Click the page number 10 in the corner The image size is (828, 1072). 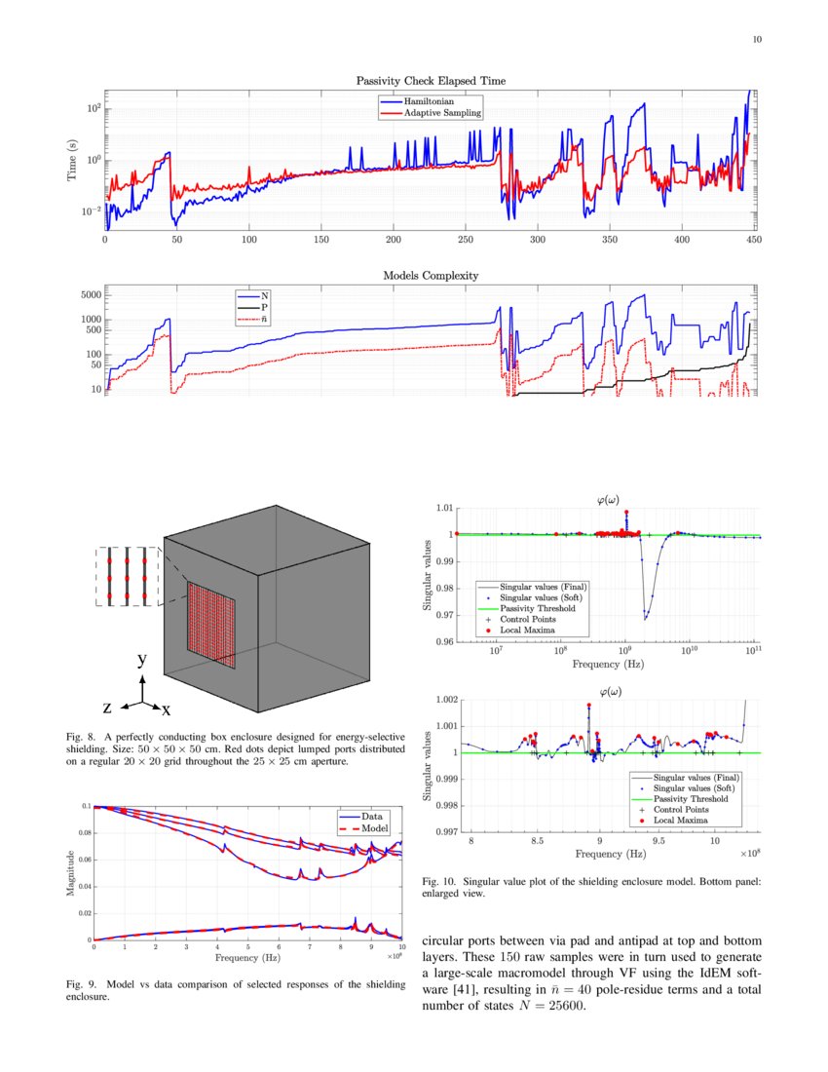pyautogui.click(x=758, y=40)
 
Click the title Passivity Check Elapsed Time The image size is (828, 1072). pyautogui.click(x=430, y=80)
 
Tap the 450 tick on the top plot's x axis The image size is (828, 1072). pyautogui.click(x=753, y=239)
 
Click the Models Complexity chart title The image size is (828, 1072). pyautogui.click(x=430, y=276)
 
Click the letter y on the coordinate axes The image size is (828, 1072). pyautogui.click(x=141, y=660)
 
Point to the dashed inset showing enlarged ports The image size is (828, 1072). pyautogui.click(x=125, y=576)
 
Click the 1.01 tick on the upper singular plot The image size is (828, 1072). pyautogui.click(x=443, y=508)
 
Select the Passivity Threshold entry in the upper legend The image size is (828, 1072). pyautogui.click(x=536, y=608)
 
